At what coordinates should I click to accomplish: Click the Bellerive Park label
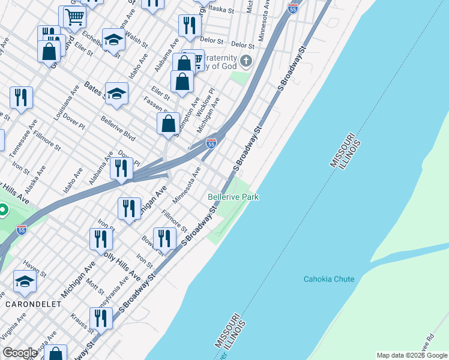click(233, 197)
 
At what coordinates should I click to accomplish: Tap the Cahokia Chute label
click(329, 279)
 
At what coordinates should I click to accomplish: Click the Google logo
click(20, 353)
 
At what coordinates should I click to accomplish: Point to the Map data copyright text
click(412, 355)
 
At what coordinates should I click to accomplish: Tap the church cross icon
click(246, 61)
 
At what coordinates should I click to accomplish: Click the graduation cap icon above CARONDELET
click(25, 281)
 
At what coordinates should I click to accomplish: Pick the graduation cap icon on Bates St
click(116, 93)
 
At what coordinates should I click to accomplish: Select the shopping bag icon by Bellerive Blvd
click(169, 124)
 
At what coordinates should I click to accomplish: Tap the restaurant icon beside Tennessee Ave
click(21, 97)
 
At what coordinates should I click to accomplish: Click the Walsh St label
click(137, 41)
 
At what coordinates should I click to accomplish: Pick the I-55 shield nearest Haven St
click(22, 229)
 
